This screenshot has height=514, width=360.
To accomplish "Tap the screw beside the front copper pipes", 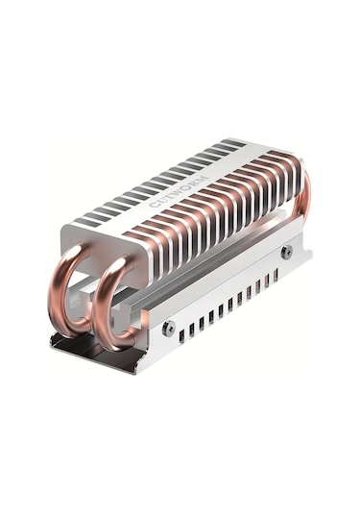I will [169, 328].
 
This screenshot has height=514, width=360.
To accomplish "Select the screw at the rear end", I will [286, 252].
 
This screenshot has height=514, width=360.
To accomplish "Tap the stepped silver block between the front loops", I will [93, 291].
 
